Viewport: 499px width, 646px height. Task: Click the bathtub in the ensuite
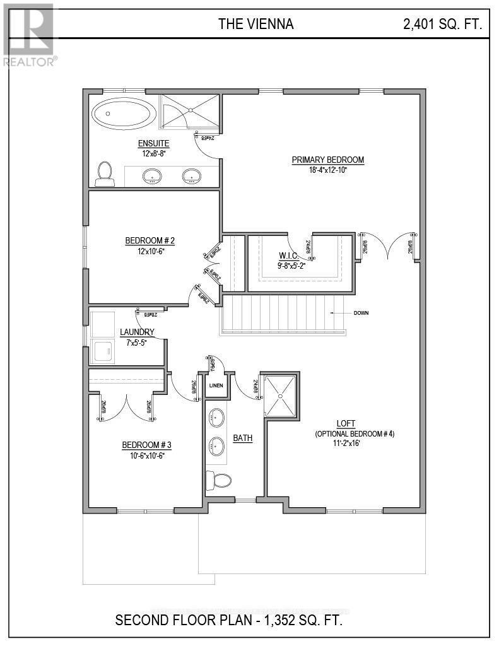(x=124, y=115)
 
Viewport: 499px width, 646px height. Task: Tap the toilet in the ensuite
(x=105, y=174)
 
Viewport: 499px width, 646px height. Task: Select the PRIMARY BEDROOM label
(x=327, y=160)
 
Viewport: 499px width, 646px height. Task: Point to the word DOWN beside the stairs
(x=361, y=313)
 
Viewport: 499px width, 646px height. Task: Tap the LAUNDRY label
(x=137, y=332)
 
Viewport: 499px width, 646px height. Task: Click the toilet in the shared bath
(x=218, y=481)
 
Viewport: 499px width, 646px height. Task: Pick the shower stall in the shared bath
(x=280, y=395)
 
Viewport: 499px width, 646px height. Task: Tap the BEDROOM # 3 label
(x=146, y=445)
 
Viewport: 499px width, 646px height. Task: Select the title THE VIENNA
(x=255, y=25)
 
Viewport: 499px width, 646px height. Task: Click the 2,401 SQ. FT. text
(x=443, y=25)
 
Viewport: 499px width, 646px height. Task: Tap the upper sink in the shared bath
(x=216, y=417)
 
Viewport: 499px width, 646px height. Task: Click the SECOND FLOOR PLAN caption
(x=229, y=620)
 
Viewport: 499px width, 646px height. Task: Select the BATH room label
(x=243, y=438)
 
